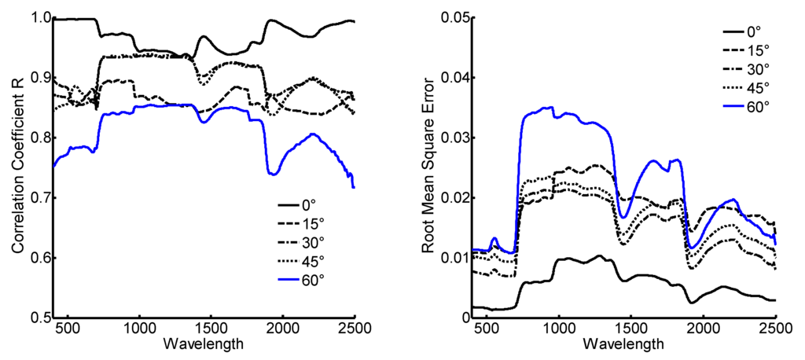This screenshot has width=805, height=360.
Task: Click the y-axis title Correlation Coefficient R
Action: point(17,167)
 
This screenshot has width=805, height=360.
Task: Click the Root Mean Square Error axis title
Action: point(428,167)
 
